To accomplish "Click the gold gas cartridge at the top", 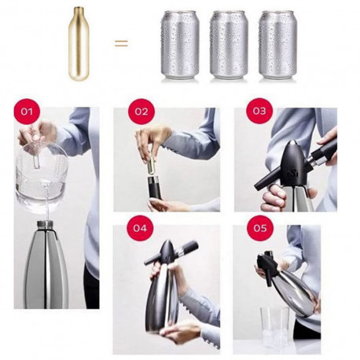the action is point(79,43).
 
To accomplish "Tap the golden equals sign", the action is point(121,43).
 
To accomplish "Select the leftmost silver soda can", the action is point(180,45).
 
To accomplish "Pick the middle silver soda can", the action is point(229,45).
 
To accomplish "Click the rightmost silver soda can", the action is point(277,45).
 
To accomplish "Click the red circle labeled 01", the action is point(27,112).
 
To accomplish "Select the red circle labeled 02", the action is point(141,112).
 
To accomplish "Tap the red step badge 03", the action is point(259,111).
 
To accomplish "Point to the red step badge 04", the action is point(140,228).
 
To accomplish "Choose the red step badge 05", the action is point(260,228).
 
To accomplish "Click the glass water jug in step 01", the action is point(41,178).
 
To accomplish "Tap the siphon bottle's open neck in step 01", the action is point(45,224).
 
